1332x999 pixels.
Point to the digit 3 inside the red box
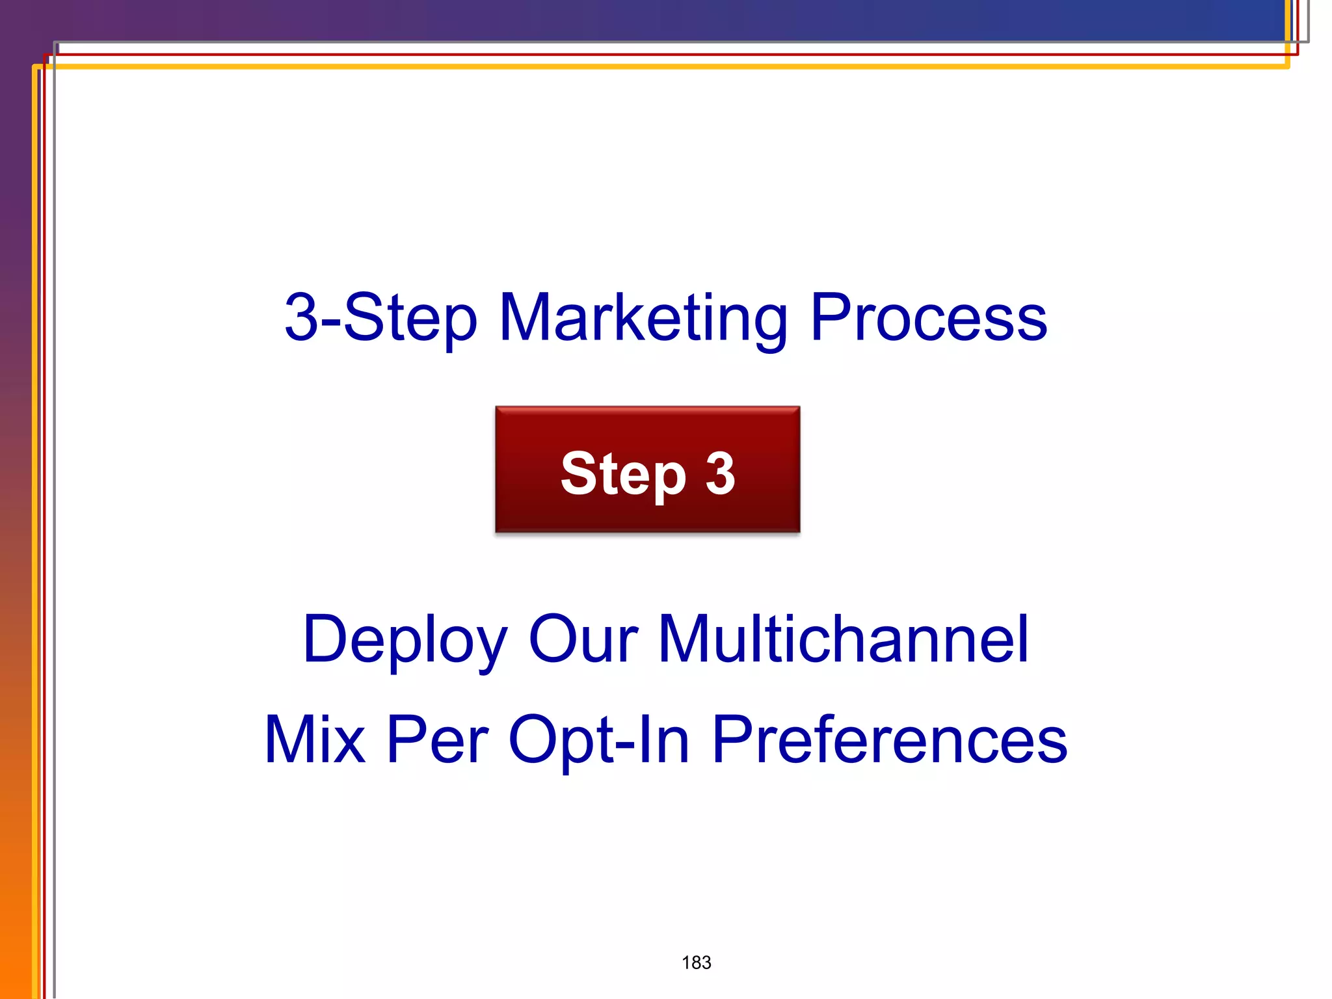[x=720, y=473]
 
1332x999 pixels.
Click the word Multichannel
[x=844, y=640]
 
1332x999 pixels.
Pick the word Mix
[x=315, y=740]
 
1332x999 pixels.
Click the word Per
[x=437, y=740]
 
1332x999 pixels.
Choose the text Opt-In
[x=598, y=740]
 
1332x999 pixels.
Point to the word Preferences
[x=890, y=740]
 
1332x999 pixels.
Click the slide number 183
[x=696, y=963]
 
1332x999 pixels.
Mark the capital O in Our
[x=554, y=640]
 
